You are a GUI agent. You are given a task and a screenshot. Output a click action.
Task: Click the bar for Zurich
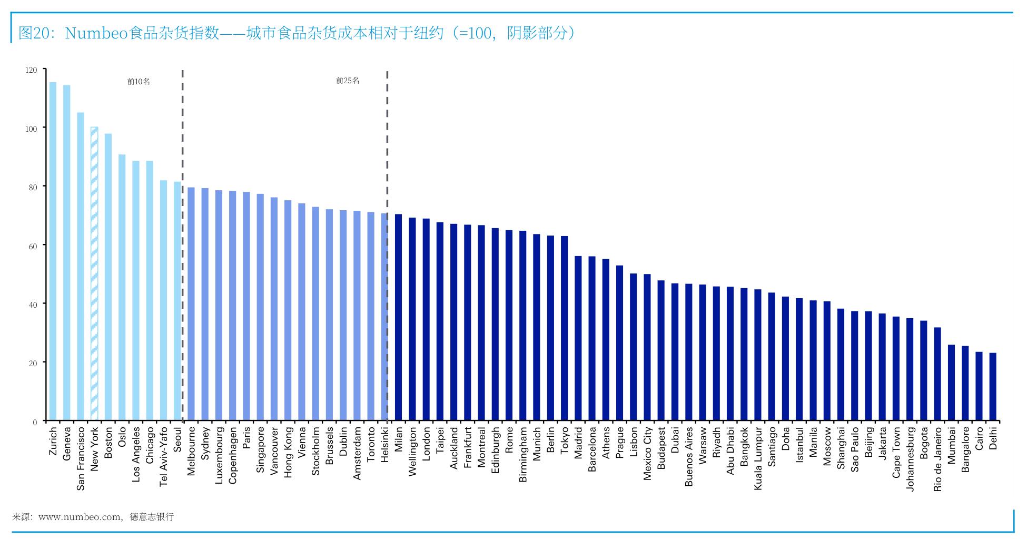(53, 251)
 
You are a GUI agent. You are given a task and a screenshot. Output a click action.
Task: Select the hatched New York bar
(94, 274)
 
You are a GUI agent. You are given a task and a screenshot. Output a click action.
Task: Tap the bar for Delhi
(993, 387)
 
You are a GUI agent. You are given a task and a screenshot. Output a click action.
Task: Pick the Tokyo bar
(564, 328)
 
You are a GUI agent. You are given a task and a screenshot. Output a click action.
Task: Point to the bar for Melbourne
(191, 304)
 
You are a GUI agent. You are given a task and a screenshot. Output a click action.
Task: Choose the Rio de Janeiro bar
(937, 374)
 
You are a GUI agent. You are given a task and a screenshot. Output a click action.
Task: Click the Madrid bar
(578, 338)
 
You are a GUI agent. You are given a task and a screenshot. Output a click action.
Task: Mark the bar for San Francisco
(81, 267)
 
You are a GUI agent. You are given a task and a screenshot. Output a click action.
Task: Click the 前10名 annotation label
(139, 82)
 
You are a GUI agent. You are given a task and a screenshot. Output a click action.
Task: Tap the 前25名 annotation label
(348, 81)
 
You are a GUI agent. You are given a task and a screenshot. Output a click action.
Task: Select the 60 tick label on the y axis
(33, 246)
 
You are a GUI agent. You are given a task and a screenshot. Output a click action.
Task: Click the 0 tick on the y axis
(35, 422)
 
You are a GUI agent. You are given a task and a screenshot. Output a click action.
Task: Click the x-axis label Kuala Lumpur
(758, 458)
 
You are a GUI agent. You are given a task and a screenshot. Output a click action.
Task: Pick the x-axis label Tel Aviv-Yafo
(163, 456)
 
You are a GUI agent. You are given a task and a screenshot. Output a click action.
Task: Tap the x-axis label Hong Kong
(288, 452)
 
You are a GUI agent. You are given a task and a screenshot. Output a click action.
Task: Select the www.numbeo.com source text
(80, 517)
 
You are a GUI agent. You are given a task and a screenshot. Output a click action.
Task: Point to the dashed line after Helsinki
(387, 246)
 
